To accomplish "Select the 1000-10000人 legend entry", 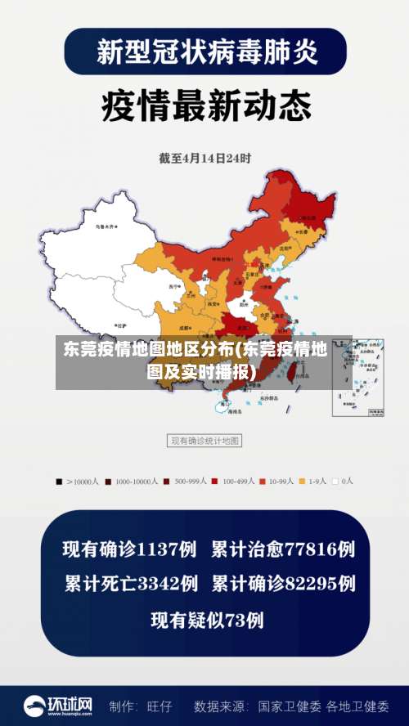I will (x=132, y=482).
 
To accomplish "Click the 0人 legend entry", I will (x=344, y=482).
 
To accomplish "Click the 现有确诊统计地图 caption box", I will (x=204, y=441).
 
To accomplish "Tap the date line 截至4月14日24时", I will (x=204, y=158).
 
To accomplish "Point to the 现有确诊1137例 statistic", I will (x=129, y=549).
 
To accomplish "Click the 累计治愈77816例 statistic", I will (x=283, y=549).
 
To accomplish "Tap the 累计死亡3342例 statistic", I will (x=131, y=584).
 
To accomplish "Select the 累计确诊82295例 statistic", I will (x=283, y=584).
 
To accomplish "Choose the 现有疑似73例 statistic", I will (x=207, y=620).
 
